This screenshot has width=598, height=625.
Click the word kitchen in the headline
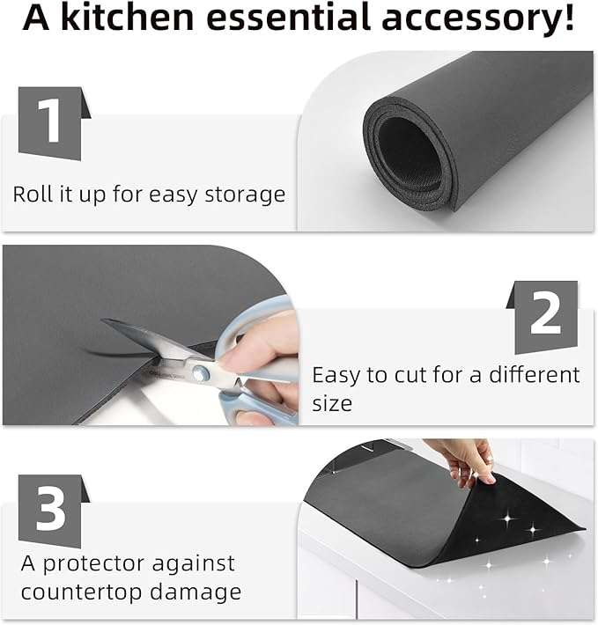pyautogui.click(x=127, y=17)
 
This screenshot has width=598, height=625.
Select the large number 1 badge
pyautogui.click(x=52, y=123)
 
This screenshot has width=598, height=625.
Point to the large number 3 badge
pyautogui.click(x=52, y=511)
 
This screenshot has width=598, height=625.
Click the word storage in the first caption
pyautogui.click(x=245, y=195)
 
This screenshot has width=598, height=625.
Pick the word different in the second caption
pyautogui.click(x=535, y=375)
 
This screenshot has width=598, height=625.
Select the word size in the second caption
pyautogui.click(x=332, y=403)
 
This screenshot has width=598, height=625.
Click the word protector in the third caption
pyautogui.click(x=93, y=564)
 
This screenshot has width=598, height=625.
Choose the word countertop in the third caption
pyautogui.click(x=77, y=592)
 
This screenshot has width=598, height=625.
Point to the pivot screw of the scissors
pyautogui.click(x=198, y=372)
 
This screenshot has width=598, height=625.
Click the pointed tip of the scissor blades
pyautogui.click(x=101, y=320)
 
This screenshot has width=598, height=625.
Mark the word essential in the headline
pyautogui.click(x=288, y=17)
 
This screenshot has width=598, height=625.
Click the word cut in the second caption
pyautogui.click(x=410, y=376)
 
